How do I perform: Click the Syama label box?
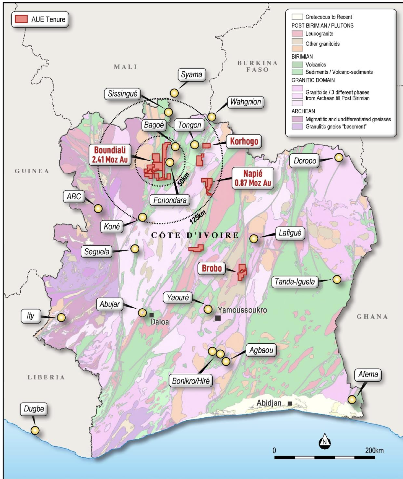pos(191,75)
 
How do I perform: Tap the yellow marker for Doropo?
pos(339,157)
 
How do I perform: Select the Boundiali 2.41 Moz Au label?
pos(110,155)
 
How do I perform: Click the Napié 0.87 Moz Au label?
pos(253,178)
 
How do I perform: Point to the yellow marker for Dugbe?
pos(35,430)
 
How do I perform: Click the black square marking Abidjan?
pos(290,403)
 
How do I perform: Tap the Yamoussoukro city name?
pos(242,310)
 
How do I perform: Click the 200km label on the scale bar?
pos(374,451)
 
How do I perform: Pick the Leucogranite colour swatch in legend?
pos(297,34)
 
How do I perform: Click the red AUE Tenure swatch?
pos(21,19)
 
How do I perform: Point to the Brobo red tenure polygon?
pos(242,272)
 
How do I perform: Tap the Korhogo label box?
pos(244,141)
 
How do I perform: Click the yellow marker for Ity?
pos(61,317)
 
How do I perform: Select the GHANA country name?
pos(372,317)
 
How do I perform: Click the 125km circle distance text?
pos(198,217)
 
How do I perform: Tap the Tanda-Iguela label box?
pos(295,282)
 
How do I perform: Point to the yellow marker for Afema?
pos(352,399)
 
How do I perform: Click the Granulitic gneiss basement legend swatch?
pos(297,127)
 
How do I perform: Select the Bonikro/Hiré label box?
pos(191,381)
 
